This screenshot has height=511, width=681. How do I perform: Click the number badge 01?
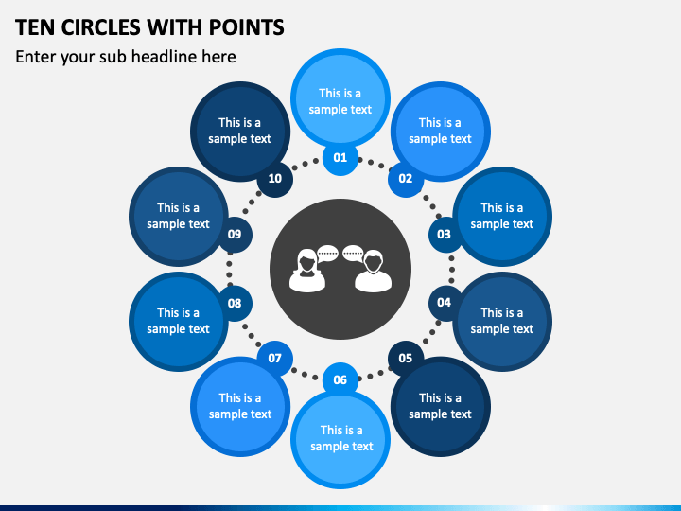[x=340, y=158]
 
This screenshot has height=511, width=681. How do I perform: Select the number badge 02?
[x=405, y=179]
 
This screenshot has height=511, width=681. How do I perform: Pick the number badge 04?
[x=444, y=303]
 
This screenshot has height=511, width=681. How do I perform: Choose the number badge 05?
[x=405, y=358]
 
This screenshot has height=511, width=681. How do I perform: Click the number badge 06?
[x=340, y=379]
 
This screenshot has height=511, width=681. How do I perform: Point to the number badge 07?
[x=274, y=358]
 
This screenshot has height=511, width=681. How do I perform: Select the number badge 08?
[x=235, y=303]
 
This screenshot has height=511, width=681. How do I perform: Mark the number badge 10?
[x=274, y=179]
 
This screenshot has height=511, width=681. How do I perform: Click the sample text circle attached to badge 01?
[x=340, y=99]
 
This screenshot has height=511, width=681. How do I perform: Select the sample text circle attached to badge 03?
[x=502, y=216]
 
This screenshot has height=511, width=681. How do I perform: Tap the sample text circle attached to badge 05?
[x=440, y=406]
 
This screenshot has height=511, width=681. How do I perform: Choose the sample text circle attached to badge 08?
[x=178, y=321]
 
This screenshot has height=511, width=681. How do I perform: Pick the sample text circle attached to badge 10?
[x=239, y=131]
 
